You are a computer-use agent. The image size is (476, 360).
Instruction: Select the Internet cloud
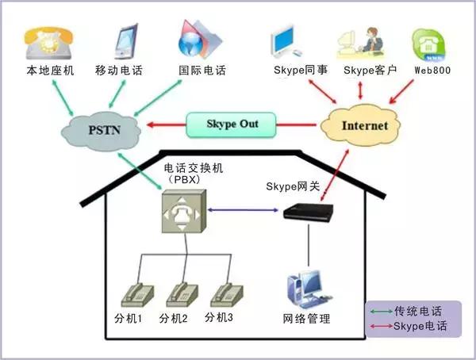coord(364,125)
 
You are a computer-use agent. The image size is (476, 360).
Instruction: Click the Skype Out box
coord(232,124)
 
